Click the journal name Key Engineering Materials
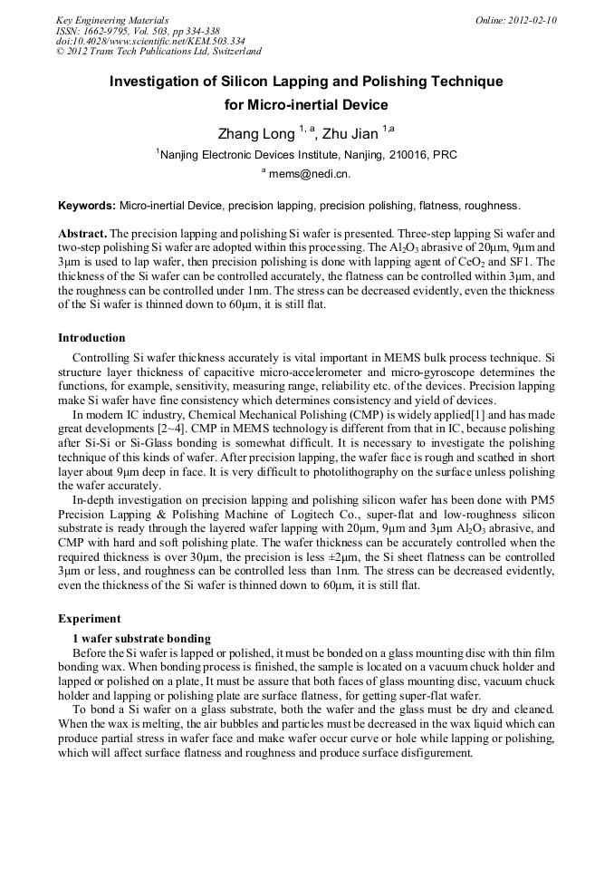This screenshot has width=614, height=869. point(112,19)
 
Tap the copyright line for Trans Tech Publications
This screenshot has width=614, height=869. point(158,52)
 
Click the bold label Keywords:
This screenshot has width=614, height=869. point(87,206)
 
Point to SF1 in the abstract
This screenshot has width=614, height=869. point(543,262)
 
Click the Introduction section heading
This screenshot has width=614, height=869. point(91,338)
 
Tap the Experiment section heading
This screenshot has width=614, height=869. point(89,619)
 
